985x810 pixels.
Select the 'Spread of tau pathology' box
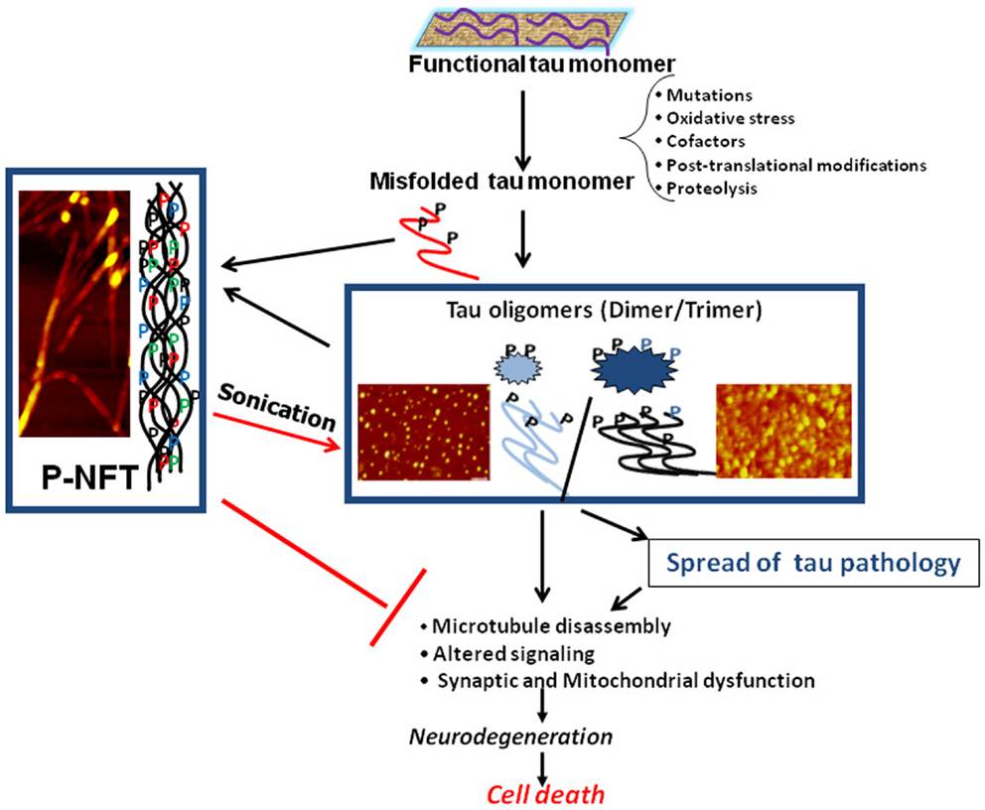point(813,563)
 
